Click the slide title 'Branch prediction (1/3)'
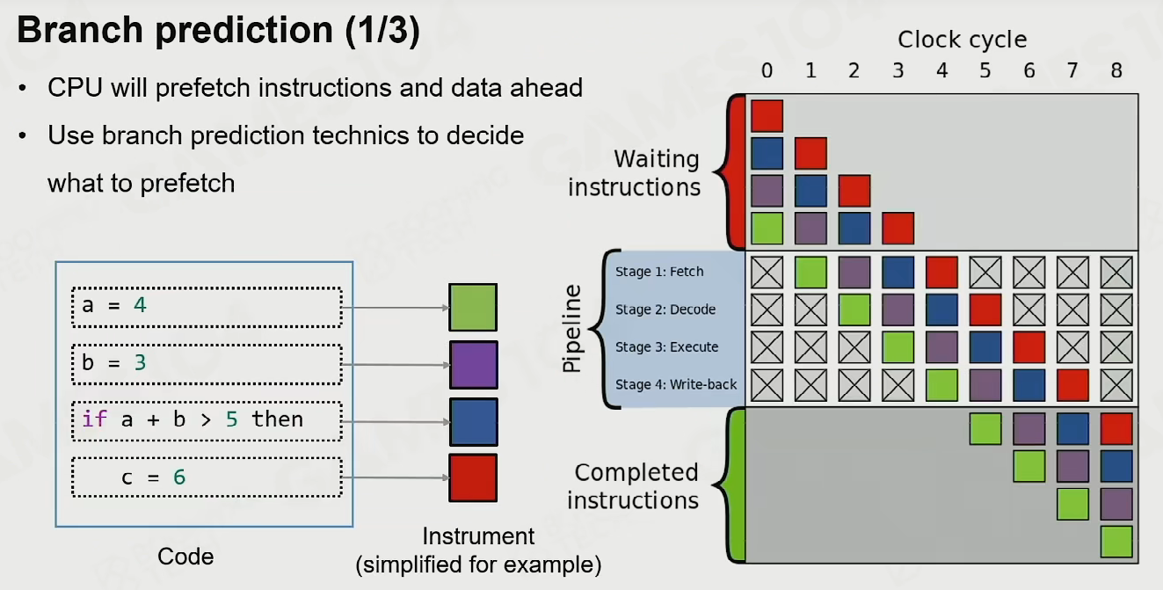218,30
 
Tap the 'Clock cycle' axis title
962,40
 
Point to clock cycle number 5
985,70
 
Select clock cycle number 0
767,70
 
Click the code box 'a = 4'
207,307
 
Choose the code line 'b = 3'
207,364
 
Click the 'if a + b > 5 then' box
207,421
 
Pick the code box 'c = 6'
207,477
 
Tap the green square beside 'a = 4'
473,307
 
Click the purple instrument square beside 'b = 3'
473,365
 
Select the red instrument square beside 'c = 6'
473,477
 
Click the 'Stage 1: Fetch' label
659,272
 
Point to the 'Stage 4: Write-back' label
676,384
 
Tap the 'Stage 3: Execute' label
666,347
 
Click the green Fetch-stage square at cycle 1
810,273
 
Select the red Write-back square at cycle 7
1072,385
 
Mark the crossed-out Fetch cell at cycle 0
767,273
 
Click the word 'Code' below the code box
185,557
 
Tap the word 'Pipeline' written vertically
572,328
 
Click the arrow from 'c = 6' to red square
395,477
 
